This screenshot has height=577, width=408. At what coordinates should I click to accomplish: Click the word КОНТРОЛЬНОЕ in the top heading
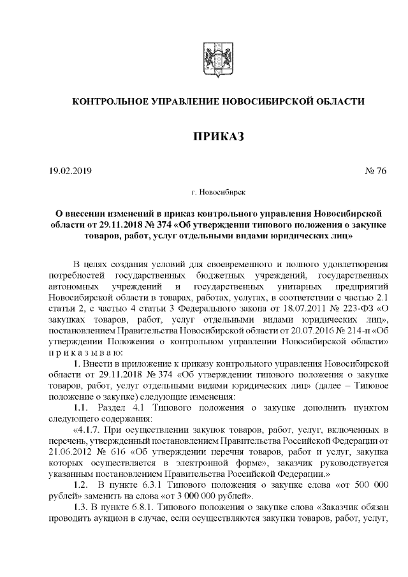coord(111,101)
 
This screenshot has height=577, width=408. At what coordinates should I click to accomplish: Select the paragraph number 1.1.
coord(81,407)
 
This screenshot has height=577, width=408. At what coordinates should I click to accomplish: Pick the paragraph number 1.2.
coord(81,488)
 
